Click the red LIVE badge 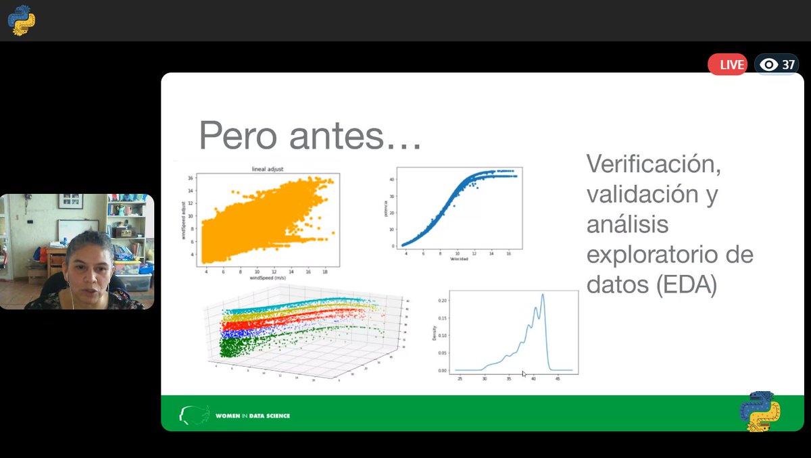[x=727, y=65]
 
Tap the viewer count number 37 [x=788, y=65]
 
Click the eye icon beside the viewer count [x=768, y=65]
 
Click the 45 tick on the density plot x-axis [x=558, y=379]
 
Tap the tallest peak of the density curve [x=543, y=295]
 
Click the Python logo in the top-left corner [x=21, y=20]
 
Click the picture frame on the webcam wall [x=70, y=201]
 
